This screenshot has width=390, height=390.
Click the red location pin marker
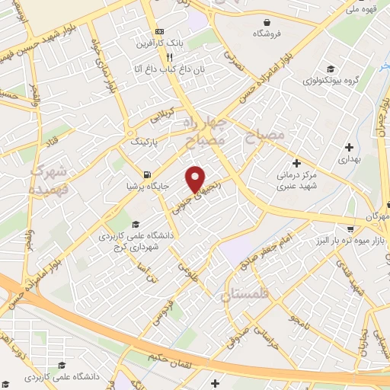tap(196, 178)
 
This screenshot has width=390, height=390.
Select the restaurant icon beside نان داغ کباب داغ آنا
tap(171, 57)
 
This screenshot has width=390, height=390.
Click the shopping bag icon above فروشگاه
tap(266, 23)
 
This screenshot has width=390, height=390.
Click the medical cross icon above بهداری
tap(349, 147)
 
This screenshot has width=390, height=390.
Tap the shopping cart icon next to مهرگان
tap(350, 228)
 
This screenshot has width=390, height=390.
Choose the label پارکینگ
tap(146, 142)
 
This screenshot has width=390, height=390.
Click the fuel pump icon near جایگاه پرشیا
tap(145, 171)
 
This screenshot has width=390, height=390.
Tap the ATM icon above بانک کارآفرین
tap(159, 31)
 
